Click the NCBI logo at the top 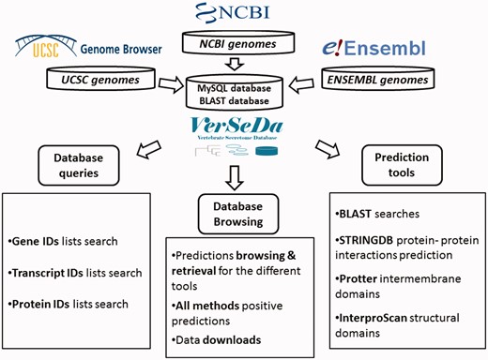coord(248,13)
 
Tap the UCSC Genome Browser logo coord(90,47)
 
